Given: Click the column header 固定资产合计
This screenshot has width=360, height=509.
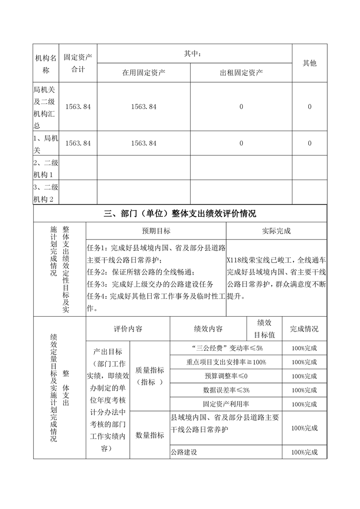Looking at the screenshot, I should [78, 63].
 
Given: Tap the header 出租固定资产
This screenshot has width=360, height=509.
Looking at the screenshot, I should [241, 73].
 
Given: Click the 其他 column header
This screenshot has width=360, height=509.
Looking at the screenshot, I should [309, 63].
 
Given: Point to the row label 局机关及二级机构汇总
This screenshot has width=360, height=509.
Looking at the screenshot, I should [46, 107].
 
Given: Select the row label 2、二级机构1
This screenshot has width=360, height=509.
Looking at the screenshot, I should [46, 169].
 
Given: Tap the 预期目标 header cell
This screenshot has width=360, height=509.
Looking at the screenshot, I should [156, 231].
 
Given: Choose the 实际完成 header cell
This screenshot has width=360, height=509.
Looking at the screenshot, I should [276, 231].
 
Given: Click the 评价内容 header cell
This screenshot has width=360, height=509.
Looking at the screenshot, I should [128, 329].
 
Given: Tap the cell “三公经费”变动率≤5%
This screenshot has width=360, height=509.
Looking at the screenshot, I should [226, 348].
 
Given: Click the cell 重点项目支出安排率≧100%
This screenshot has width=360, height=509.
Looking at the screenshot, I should [226, 362].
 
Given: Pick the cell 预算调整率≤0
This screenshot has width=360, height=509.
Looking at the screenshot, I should [226, 376].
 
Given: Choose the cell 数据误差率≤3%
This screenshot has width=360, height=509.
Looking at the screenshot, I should [226, 390].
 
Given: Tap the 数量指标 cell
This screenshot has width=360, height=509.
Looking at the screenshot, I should [150, 435].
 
